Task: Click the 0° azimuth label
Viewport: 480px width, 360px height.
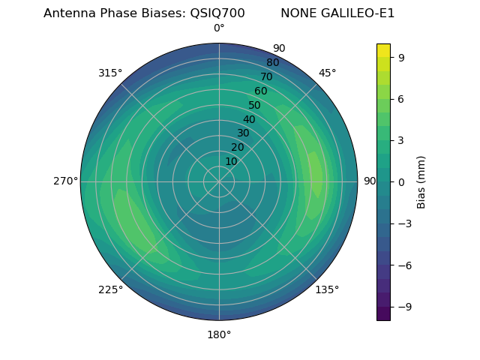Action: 219,28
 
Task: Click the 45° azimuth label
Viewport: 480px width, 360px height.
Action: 327,73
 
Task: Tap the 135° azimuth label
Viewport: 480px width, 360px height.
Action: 327,289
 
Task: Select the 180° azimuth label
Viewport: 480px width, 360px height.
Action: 219,334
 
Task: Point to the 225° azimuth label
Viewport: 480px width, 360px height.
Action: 110,289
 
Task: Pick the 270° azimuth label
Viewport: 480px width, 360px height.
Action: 65,181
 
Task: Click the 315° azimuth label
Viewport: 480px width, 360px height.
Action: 110,73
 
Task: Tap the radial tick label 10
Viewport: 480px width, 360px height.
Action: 231,162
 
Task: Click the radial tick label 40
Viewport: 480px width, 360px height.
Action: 249,120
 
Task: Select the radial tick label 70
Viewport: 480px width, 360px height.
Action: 266,77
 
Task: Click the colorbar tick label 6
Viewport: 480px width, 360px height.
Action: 402,98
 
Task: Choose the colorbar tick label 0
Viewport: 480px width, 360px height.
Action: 402,181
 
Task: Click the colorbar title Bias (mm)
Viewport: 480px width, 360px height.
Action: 421,181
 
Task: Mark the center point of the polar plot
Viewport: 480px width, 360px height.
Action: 219,181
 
